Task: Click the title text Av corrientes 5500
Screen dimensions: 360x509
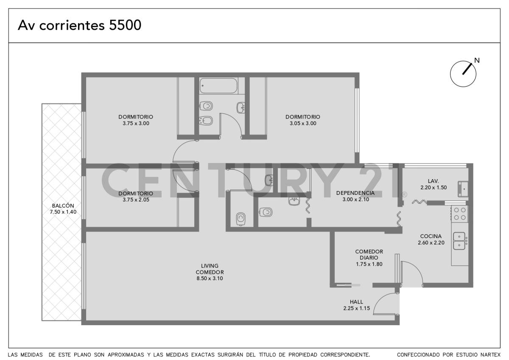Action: click(79, 25)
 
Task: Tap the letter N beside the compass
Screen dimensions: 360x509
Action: click(477, 60)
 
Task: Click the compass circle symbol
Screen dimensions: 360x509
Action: click(463, 74)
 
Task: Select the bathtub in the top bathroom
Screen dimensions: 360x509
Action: click(218, 86)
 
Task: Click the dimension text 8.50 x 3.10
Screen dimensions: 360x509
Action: click(210, 278)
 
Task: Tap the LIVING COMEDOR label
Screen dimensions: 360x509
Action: click(210, 269)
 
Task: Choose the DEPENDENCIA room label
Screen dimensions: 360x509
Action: click(355, 193)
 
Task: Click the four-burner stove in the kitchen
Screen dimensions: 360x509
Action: click(460, 214)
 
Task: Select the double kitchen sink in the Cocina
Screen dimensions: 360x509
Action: click(459, 241)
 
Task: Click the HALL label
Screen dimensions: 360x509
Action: click(356, 302)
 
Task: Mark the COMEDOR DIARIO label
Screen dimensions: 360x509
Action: click(369, 254)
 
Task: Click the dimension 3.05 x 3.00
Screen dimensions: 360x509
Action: click(302, 124)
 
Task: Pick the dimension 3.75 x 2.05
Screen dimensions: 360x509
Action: click(136, 200)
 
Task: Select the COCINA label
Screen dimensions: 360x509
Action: click(431, 236)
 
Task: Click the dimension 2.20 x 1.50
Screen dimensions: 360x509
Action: click(433, 187)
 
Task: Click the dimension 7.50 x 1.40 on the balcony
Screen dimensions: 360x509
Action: click(63, 212)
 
